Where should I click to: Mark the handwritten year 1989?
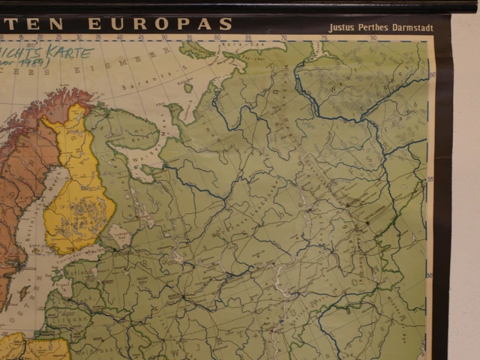[37, 64]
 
